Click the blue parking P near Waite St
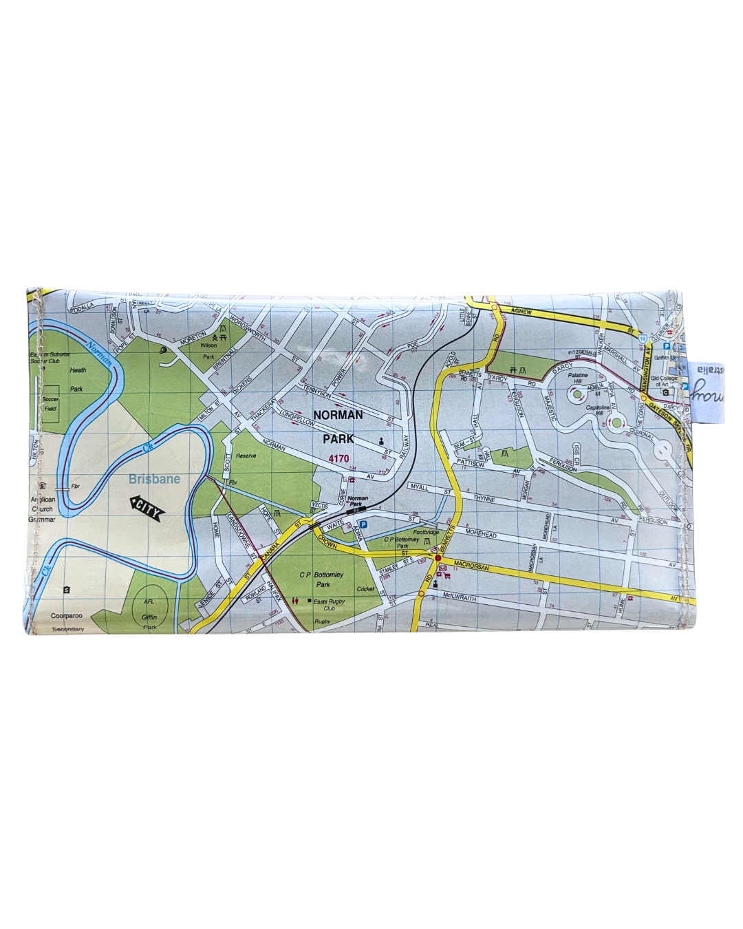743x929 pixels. pyautogui.click(x=363, y=525)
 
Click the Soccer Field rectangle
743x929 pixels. pyautogui.click(x=50, y=404)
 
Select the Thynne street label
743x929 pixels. pyautogui.click(x=484, y=500)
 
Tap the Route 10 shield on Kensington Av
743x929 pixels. pyautogui.click(x=641, y=340)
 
